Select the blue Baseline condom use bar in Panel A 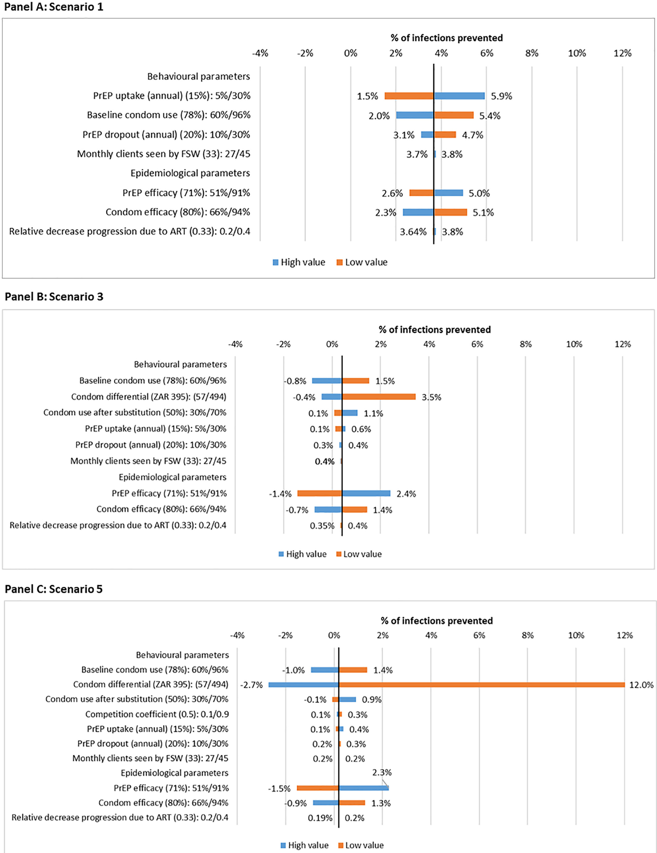pos(415,115)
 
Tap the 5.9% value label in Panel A pos(501,96)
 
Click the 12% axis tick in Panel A pos(622,53)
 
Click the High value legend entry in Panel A pos(299,262)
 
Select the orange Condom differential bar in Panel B pos(379,397)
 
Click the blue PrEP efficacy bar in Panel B pos(366,493)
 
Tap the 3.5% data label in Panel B pos(432,397)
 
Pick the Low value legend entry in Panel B pos(359,554)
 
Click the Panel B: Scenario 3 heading pos(54,296)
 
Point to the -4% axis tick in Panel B pos(235,344)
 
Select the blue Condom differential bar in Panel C pos(303,685)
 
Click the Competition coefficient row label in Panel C pos(157,714)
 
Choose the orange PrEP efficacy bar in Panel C pos(318,788)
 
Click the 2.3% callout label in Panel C pos(382,772)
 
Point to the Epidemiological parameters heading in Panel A pos(190,173)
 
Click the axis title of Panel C pos(437,621)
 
